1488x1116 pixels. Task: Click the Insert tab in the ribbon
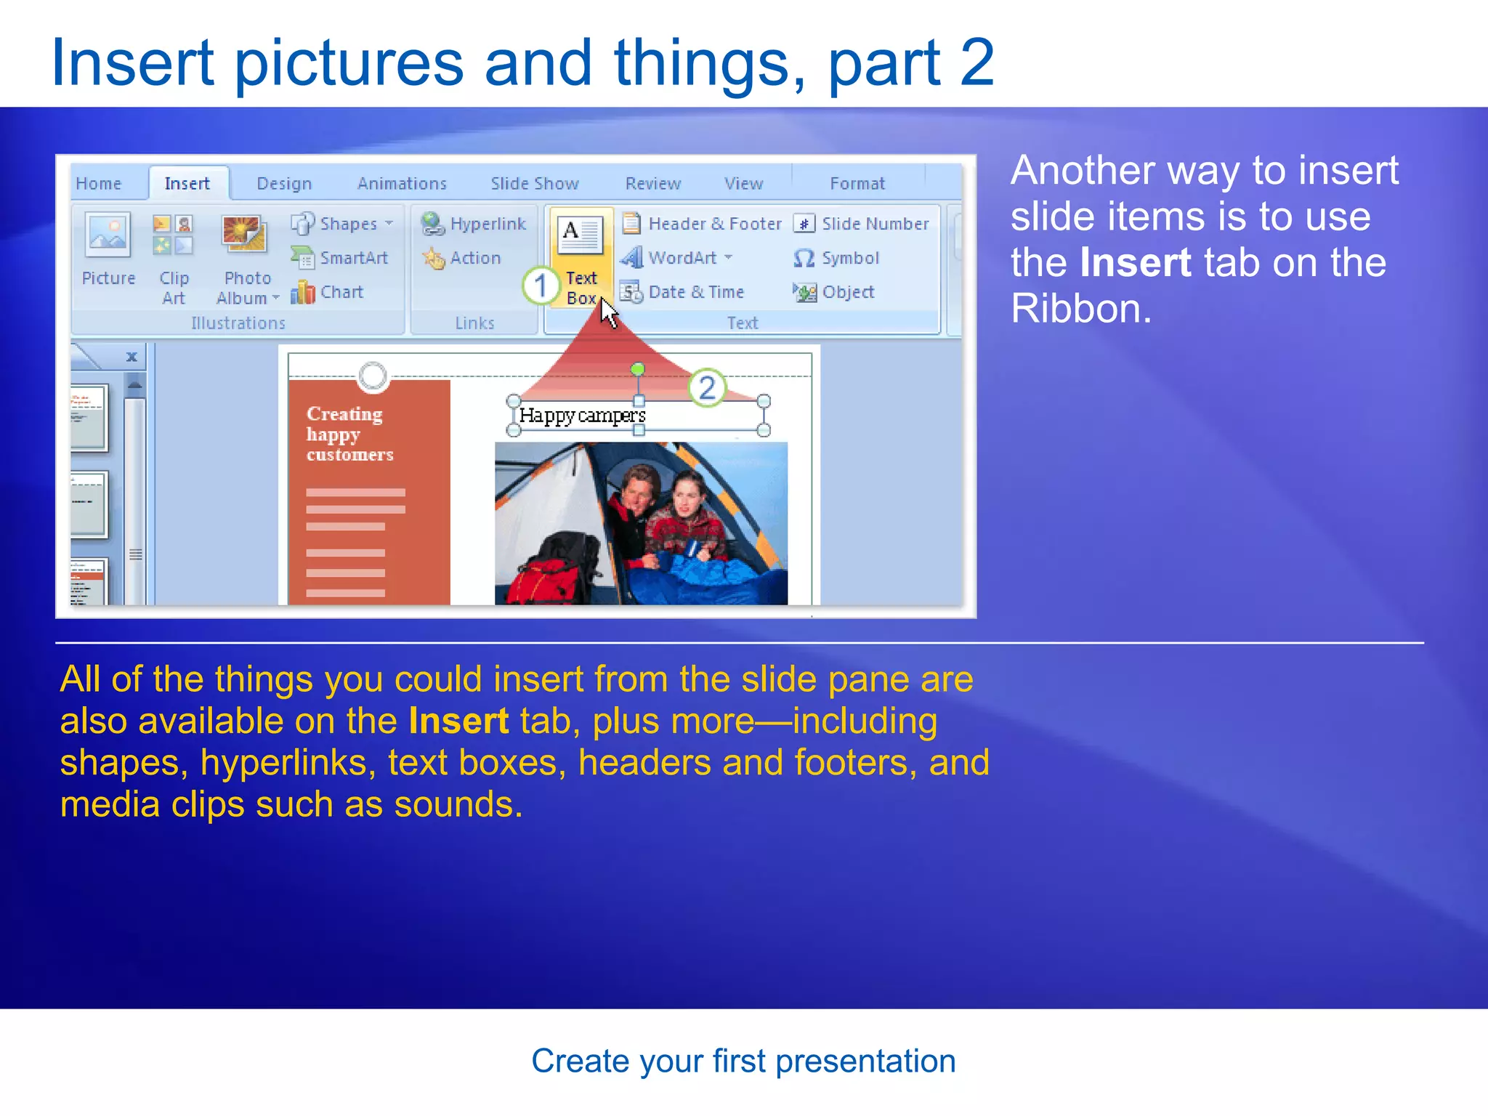187,184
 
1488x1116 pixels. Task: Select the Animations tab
402,184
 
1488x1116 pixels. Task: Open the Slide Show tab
534,184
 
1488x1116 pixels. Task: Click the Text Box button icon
581,234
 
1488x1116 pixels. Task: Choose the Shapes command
341,224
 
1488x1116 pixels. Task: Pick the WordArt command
676,258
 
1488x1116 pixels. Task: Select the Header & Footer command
702,224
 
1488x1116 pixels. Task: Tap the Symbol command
837,258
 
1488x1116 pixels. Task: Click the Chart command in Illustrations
328,292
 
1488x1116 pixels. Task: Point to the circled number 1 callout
541,286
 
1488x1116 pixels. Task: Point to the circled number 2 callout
707,388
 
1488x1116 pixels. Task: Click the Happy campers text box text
582,416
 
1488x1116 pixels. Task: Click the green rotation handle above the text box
637,369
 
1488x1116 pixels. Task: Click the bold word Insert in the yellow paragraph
458,721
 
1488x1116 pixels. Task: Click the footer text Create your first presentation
743,1061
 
